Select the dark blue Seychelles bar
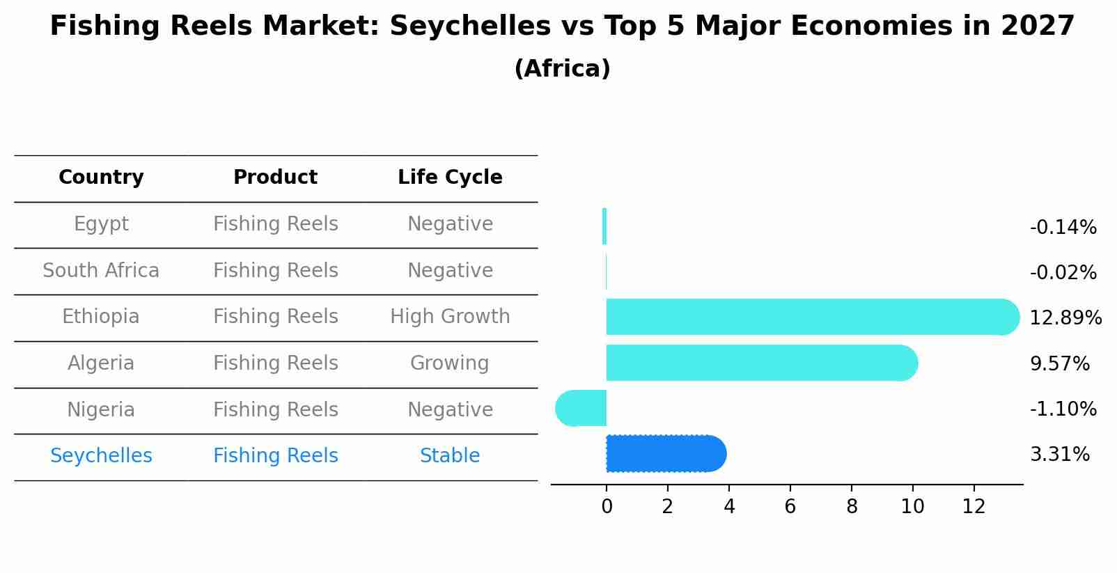[665, 454]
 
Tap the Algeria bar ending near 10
[759, 363]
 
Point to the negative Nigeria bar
[581, 408]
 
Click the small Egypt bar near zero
[604, 226]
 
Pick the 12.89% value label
[1065, 318]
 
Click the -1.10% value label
[1063, 409]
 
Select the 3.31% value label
[1059, 455]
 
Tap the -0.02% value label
[1063, 273]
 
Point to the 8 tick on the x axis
[851, 507]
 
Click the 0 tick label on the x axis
[607, 507]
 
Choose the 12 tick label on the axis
[974, 507]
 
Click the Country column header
[101, 178]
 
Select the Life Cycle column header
[450, 178]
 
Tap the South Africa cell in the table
[101, 271]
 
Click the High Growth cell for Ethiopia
[450, 317]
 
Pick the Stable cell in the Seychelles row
[450, 456]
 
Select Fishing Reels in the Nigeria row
[275, 410]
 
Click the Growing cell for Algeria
[450, 363]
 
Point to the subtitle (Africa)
[562, 69]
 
